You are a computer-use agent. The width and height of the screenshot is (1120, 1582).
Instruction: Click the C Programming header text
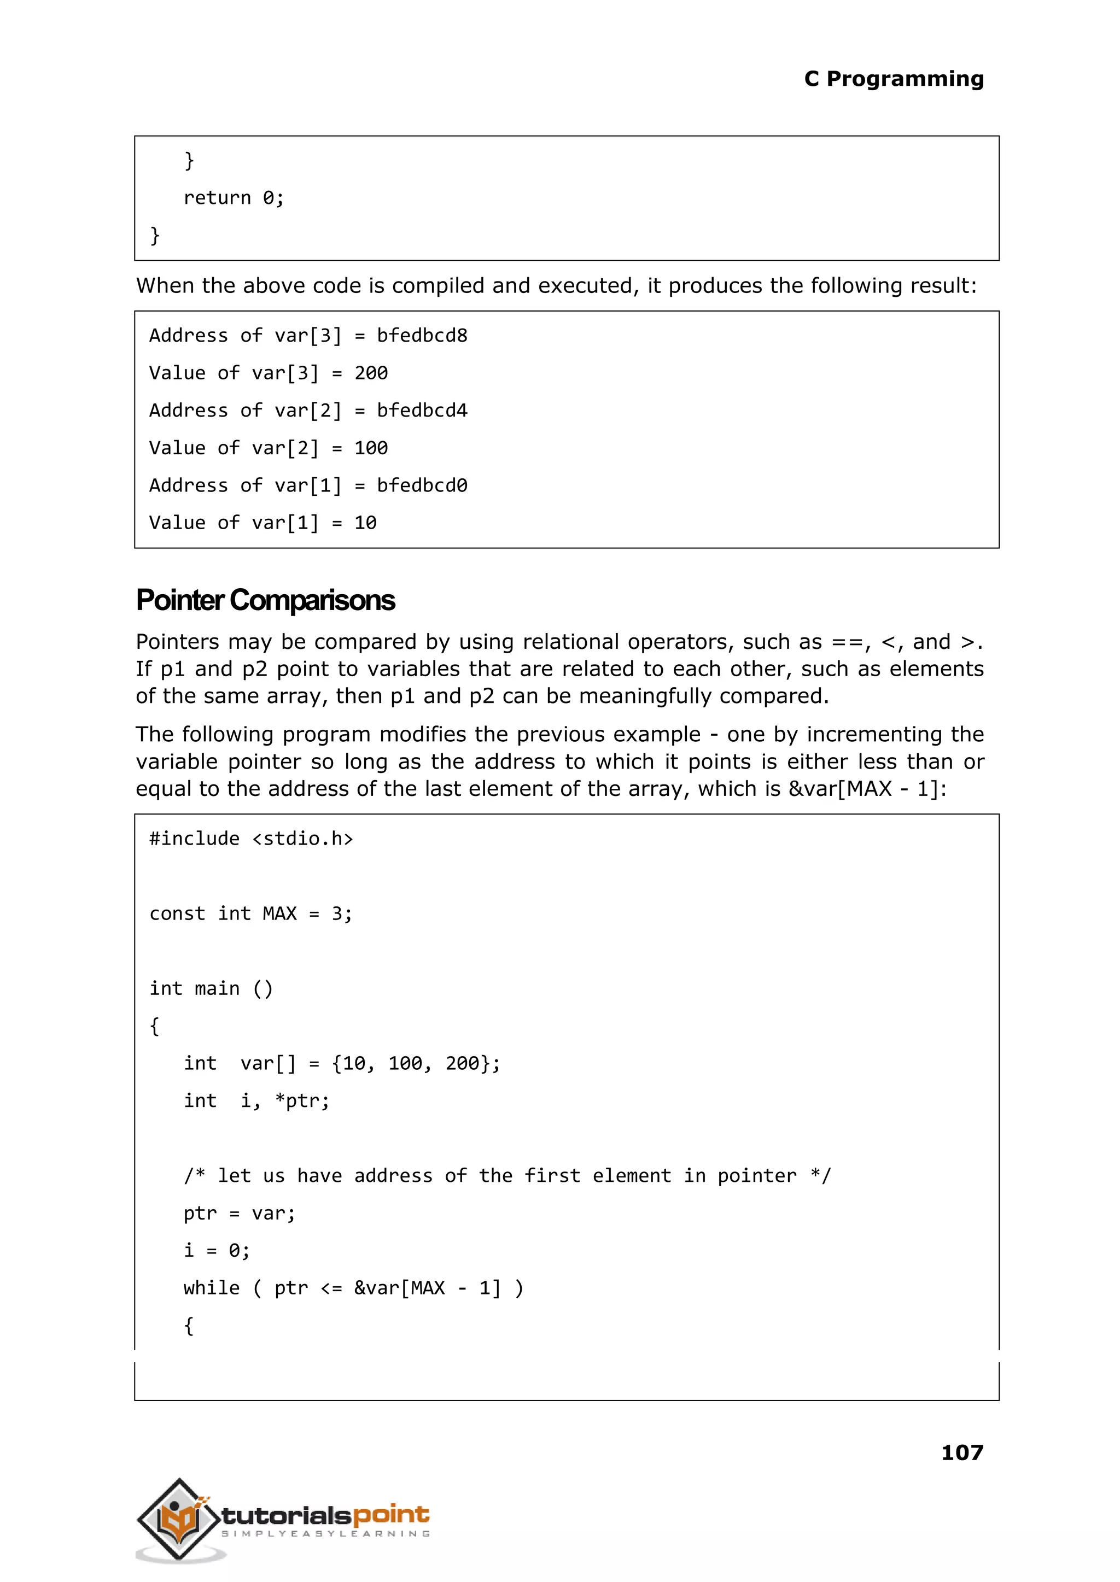click(x=893, y=79)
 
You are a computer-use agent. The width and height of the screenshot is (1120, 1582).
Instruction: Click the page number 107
click(x=961, y=1453)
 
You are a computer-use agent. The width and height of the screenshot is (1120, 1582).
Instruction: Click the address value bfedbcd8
click(x=422, y=336)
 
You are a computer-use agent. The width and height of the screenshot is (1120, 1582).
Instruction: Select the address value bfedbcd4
click(x=422, y=411)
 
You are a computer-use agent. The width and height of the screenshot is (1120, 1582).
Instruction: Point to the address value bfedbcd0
click(x=422, y=486)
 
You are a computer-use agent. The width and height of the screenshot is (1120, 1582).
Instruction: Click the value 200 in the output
click(x=370, y=373)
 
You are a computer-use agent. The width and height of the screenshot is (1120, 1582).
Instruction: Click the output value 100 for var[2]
click(x=370, y=449)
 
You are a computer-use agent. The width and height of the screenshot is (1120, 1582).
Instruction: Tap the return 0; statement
click(x=233, y=198)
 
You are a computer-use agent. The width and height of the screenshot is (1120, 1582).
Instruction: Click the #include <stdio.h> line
click(x=251, y=839)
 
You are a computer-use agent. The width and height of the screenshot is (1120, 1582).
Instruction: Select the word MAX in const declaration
click(x=279, y=914)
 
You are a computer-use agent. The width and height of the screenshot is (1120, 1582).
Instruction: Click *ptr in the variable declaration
click(x=301, y=1101)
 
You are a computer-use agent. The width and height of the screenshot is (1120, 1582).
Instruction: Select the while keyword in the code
click(x=211, y=1288)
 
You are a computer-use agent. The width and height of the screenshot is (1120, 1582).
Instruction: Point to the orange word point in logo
click(x=391, y=1515)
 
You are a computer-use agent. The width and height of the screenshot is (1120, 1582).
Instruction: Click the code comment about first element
click(x=507, y=1176)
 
